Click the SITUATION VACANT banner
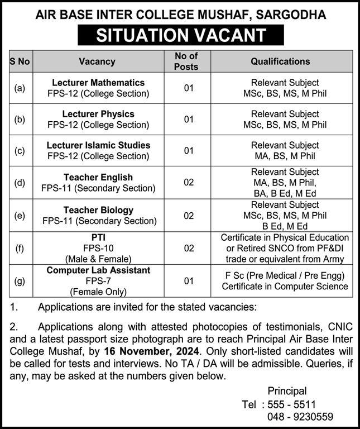180,35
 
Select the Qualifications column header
280,61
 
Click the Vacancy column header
97,61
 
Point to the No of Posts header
186,61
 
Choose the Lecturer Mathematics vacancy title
98,83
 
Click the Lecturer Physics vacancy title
98,114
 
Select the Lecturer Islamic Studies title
98,145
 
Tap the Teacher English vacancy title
98,177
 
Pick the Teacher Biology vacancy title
98,210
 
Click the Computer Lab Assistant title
98,271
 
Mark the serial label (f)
20,247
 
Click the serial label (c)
20,150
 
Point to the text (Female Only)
98,292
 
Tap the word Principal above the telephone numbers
287,391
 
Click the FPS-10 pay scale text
98,247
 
